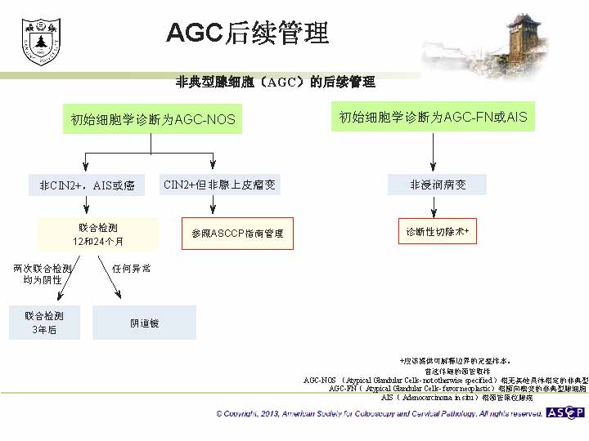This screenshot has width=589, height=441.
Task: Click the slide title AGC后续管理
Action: (247, 32)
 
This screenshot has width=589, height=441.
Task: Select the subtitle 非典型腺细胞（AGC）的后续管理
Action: (276, 82)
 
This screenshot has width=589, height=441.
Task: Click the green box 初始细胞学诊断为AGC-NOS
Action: (153, 119)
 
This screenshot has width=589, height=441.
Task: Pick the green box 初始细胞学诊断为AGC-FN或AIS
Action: (434, 118)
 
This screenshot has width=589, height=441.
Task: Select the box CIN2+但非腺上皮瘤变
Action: (220, 185)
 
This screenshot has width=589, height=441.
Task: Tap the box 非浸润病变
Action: (438, 185)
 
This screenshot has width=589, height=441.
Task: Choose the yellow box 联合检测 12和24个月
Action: (97, 234)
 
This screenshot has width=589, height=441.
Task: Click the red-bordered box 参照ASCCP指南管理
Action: (237, 234)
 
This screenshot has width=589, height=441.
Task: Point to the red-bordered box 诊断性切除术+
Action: (438, 232)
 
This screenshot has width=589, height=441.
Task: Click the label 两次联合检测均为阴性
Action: (43, 274)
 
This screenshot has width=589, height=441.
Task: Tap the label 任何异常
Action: (131, 268)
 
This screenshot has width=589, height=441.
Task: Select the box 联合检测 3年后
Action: (44, 323)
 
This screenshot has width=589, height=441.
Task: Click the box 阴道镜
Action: (145, 323)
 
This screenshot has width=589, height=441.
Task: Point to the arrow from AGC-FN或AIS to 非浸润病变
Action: (434, 152)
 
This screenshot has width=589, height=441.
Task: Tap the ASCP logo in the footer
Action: (565, 412)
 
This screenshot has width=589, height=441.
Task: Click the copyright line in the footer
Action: (380, 414)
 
